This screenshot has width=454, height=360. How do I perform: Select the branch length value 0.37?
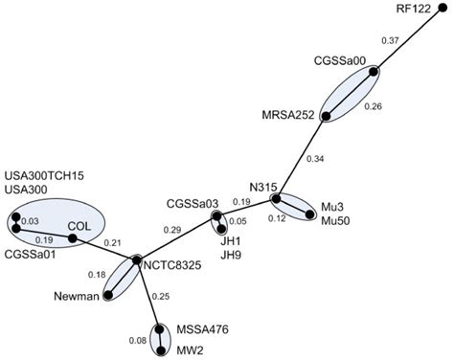click(390, 40)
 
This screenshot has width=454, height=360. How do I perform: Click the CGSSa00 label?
click(341, 58)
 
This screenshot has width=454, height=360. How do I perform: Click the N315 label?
click(261, 187)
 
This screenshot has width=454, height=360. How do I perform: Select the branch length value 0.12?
click(276, 218)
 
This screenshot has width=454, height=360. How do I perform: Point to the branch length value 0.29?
click(173, 231)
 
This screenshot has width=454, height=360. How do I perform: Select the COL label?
click(79, 227)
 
